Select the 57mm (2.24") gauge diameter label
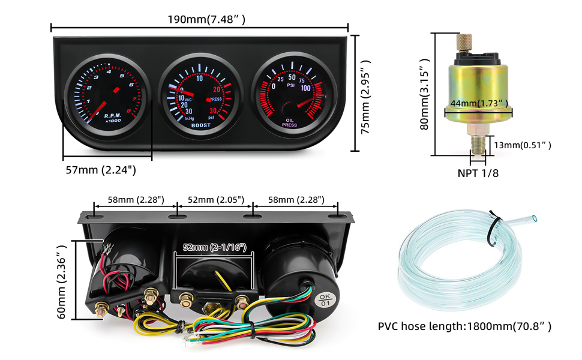[101, 170]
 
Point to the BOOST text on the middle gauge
[200, 125]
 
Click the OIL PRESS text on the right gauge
[290, 123]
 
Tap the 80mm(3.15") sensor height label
[425, 94]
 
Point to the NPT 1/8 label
[479, 173]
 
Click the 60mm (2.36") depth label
[61, 280]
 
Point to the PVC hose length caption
[464, 326]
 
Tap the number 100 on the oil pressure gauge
[305, 88]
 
